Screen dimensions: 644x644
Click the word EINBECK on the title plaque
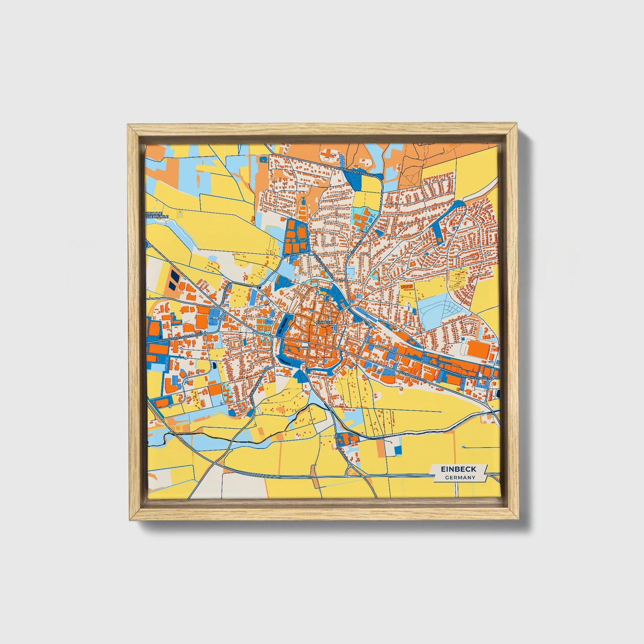tap(458, 469)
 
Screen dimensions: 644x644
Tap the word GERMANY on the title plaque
tap(459, 477)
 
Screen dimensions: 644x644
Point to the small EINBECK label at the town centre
tap(324, 322)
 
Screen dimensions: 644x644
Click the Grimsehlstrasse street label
tap(476, 377)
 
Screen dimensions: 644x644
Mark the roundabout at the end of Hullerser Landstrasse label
tap(206, 333)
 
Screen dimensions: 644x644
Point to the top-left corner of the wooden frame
tap(128, 126)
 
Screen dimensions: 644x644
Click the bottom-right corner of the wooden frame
tap(519, 520)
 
